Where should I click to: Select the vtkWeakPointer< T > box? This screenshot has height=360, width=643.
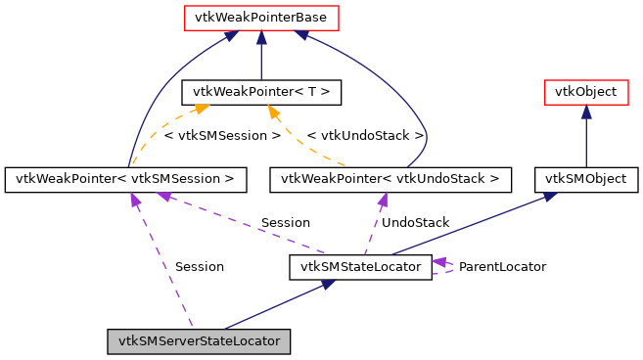tap(260, 93)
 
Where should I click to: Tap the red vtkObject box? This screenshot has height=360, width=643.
tap(585, 93)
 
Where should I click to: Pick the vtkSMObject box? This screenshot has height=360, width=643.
tap(585, 179)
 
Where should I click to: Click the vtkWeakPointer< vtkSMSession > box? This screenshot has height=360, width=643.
tap(125, 179)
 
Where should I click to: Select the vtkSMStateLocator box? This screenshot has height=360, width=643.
tap(360, 266)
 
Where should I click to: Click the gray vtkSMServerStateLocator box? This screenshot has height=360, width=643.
tap(200, 341)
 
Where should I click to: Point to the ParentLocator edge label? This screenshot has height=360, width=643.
tap(502, 266)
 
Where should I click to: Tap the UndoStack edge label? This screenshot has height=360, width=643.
tap(415, 223)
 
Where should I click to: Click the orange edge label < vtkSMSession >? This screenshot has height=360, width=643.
tap(222, 135)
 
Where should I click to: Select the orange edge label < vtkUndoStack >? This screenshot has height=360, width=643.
tap(365, 135)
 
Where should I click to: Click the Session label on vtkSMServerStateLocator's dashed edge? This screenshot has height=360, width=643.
tap(199, 266)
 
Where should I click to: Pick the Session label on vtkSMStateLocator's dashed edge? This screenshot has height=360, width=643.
tap(285, 223)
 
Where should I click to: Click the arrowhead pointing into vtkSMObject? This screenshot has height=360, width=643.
tap(551, 196)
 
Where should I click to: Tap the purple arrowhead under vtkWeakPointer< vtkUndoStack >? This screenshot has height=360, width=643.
tap(384, 199)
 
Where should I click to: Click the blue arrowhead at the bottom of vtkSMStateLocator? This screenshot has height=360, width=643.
tap(330, 284)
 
